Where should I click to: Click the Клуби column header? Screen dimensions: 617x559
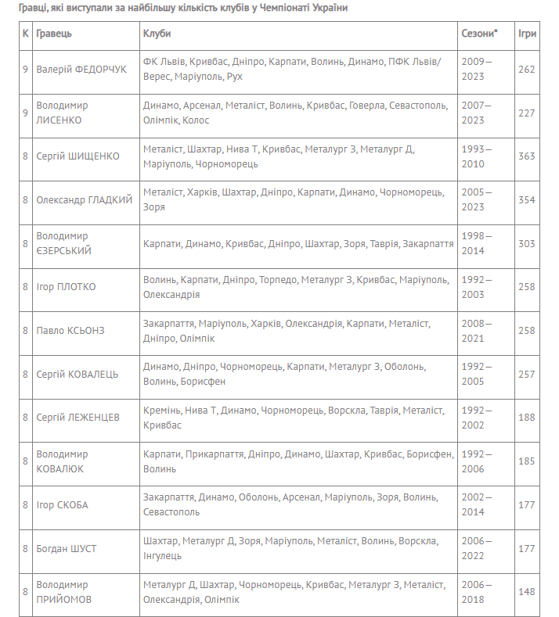click(157, 34)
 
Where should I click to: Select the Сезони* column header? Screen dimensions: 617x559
click(479, 34)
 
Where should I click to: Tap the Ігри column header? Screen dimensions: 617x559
click(526, 34)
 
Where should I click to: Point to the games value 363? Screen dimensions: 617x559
click(526, 156)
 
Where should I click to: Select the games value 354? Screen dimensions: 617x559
click(526, 199)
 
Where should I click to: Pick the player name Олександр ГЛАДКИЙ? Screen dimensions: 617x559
click(84, 199)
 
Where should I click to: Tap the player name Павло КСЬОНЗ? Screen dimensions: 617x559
click(70, 330)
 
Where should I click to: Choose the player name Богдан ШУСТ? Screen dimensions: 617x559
click(67, 548)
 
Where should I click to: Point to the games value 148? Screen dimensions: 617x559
click(526, 592)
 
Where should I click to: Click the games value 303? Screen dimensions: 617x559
click(526, 243)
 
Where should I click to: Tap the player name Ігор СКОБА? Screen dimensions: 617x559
click(62, 505)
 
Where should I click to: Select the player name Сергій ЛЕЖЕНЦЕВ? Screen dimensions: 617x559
click(78, 418)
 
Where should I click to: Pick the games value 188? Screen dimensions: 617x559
click(526, 418)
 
